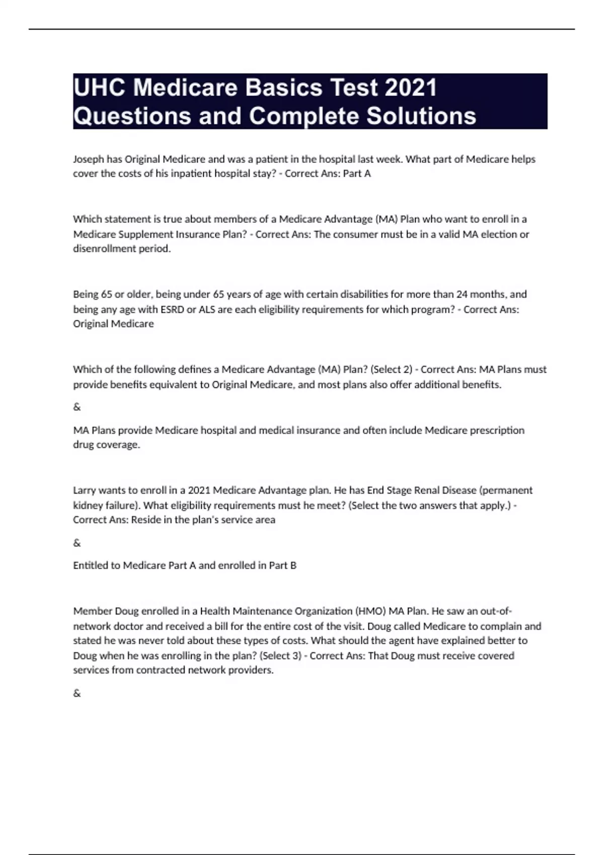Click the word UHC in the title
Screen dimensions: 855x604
[99, 88]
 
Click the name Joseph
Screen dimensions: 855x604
[89, 159]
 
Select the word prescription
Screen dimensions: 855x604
[497, 431]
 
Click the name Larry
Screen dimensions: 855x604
[85, 490]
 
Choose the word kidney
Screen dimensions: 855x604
[89, 505]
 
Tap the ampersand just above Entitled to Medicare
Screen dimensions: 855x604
[77, 543]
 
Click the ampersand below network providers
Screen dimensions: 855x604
[77, 694]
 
